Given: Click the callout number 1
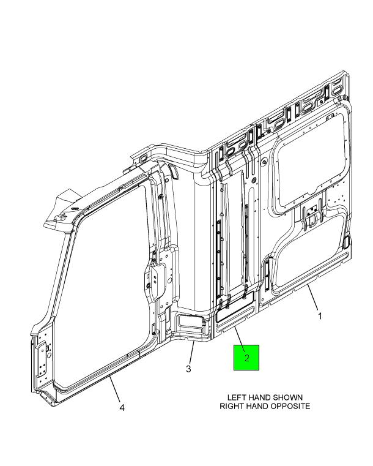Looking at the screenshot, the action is tap(320, 316).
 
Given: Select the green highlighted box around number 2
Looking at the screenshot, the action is tap(246, 358).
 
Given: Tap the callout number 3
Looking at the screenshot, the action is tap(188, 369).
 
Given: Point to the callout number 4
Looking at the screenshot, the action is tap(122, 407).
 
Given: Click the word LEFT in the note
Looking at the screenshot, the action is tap(237, 397).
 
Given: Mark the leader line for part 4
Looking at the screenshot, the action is tap(115, 389).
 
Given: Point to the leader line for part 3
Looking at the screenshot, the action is tap(191, 352).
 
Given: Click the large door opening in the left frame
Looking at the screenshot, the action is tap(104, 285).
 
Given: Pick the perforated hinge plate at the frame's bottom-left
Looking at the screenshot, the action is tap(42, 358).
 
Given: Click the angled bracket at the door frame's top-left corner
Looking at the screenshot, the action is tap(63, 206).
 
